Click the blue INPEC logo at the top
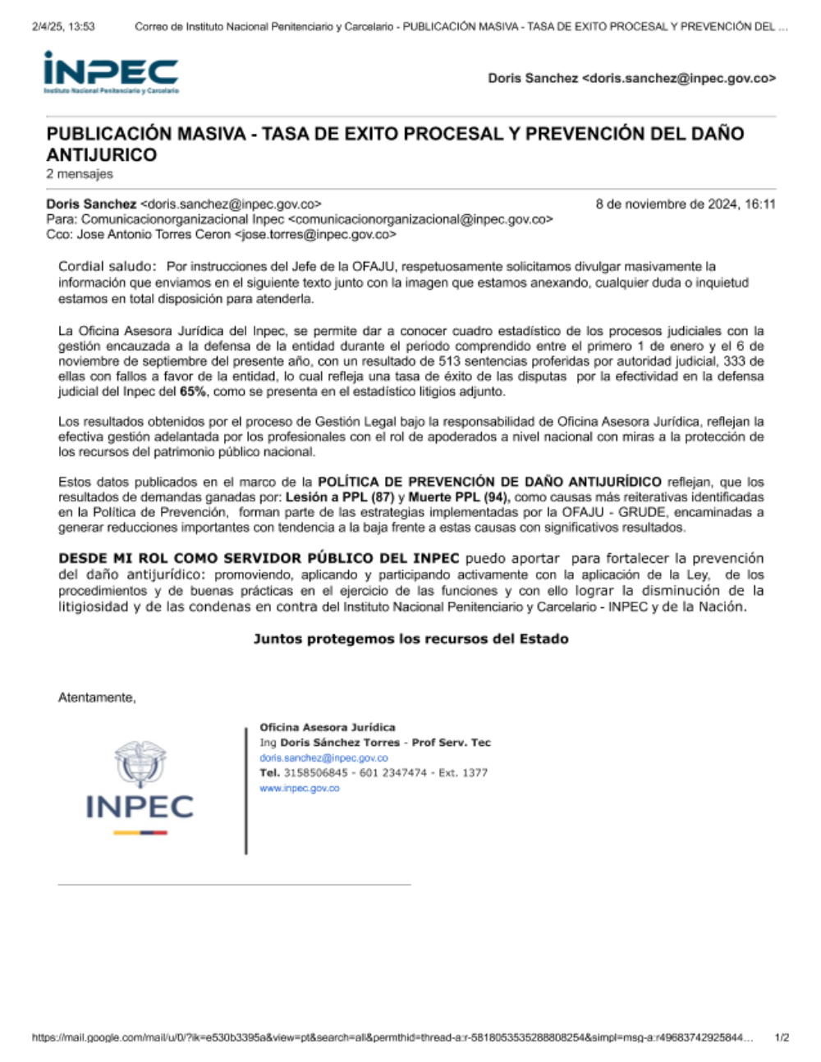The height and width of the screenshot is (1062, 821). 111,72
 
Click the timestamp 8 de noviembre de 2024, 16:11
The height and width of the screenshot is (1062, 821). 685,204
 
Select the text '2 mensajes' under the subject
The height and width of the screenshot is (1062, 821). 80,174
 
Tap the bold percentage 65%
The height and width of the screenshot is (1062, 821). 192,391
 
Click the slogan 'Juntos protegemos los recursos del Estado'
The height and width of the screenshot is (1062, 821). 410,639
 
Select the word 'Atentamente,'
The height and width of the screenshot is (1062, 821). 97,698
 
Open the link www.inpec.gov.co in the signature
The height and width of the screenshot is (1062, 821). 299,789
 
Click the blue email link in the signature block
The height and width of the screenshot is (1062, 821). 323,758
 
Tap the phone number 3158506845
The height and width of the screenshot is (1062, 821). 315,773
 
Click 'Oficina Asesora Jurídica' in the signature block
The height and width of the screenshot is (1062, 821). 328,727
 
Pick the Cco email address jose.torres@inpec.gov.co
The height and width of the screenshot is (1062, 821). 314,235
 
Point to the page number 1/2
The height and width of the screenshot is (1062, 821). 782,1038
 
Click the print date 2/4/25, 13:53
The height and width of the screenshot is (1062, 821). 63,26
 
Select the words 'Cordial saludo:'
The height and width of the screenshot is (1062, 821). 107,267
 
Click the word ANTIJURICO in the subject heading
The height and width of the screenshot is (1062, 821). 101,155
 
